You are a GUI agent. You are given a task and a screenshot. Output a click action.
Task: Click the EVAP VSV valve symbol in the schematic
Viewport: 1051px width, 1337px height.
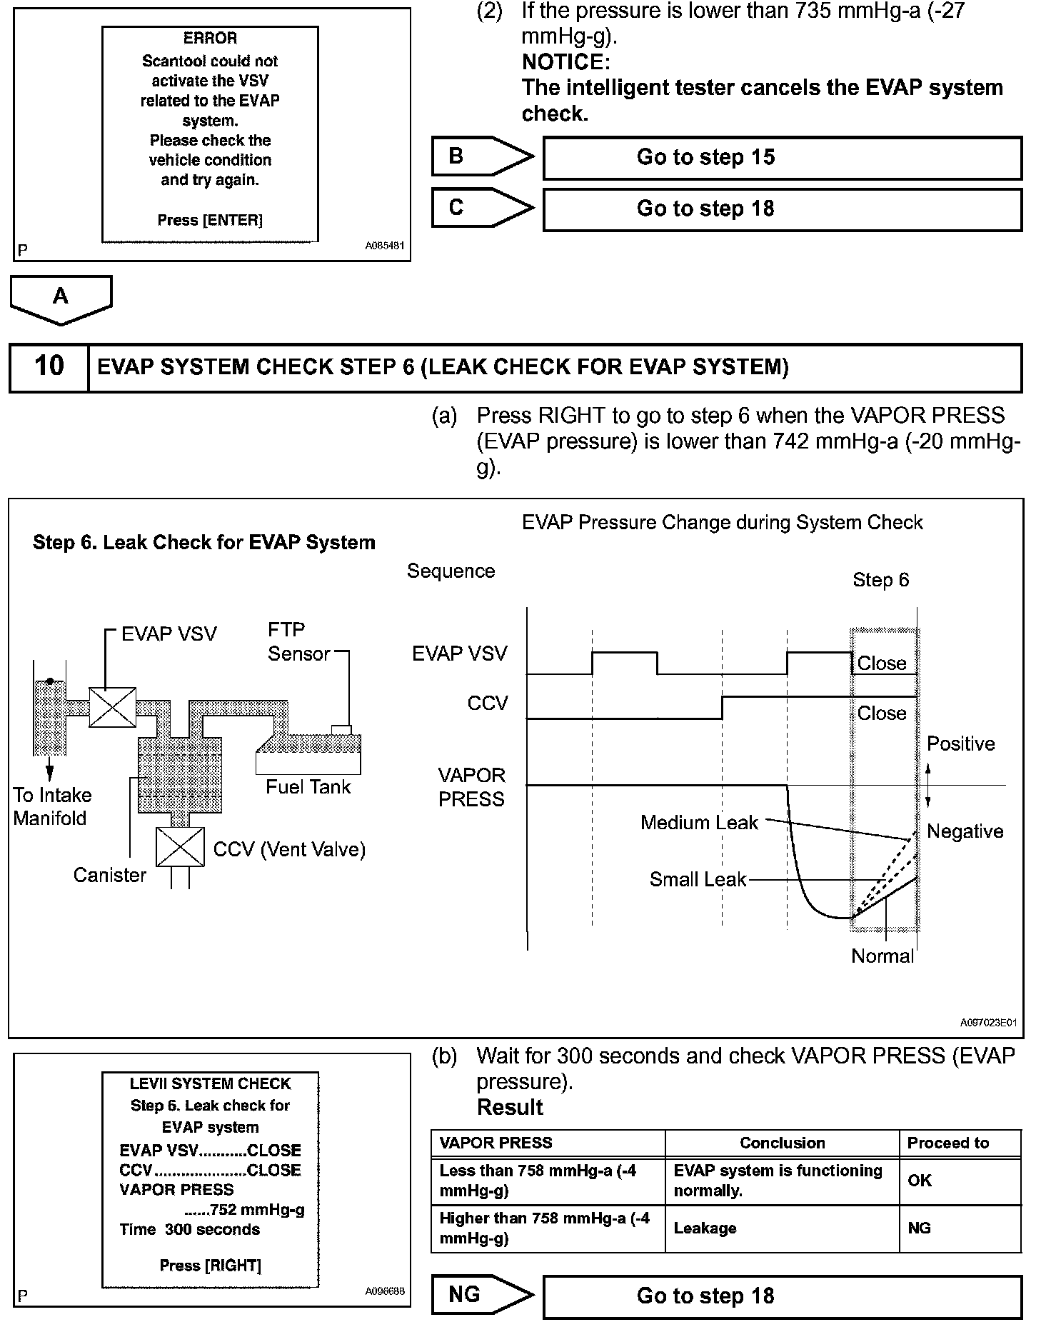point(112,707)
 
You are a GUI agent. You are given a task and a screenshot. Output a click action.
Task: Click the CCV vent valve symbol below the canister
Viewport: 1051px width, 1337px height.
point(180,847)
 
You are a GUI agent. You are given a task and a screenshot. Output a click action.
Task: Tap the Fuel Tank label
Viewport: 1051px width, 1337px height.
point(308,787)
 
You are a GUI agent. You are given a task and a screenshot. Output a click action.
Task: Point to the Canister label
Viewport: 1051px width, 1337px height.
point(109,875)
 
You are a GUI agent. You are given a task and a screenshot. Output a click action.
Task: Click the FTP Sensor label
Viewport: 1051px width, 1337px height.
point(298,641)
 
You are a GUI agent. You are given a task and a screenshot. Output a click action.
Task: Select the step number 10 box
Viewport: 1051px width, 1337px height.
point(49,367)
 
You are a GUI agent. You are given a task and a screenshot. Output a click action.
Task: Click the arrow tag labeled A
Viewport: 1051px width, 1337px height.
point(61,298)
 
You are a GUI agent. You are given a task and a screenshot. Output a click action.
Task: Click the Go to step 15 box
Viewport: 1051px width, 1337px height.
point(782,158)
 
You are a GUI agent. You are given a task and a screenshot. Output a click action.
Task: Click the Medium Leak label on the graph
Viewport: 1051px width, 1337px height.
point(698,823)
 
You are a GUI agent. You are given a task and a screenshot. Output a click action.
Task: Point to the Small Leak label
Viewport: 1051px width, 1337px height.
point(697,879)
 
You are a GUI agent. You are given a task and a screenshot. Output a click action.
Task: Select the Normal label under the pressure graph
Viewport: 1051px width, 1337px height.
point(882,956)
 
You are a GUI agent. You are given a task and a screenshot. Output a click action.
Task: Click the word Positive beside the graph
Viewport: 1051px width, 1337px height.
point(960,744)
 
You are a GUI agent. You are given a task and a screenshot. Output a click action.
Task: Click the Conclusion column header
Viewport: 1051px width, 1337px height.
point(782,1143)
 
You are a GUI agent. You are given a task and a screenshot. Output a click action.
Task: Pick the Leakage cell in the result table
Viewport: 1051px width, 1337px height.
point(705,1228)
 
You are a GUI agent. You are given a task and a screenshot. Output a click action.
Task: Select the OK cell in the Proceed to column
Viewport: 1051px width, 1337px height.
point(920,1181)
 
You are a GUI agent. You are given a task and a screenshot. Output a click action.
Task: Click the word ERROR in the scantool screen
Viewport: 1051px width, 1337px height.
point(210,39)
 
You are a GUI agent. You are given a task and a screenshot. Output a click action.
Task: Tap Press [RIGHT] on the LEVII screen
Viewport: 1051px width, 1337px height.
point(210,1266)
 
